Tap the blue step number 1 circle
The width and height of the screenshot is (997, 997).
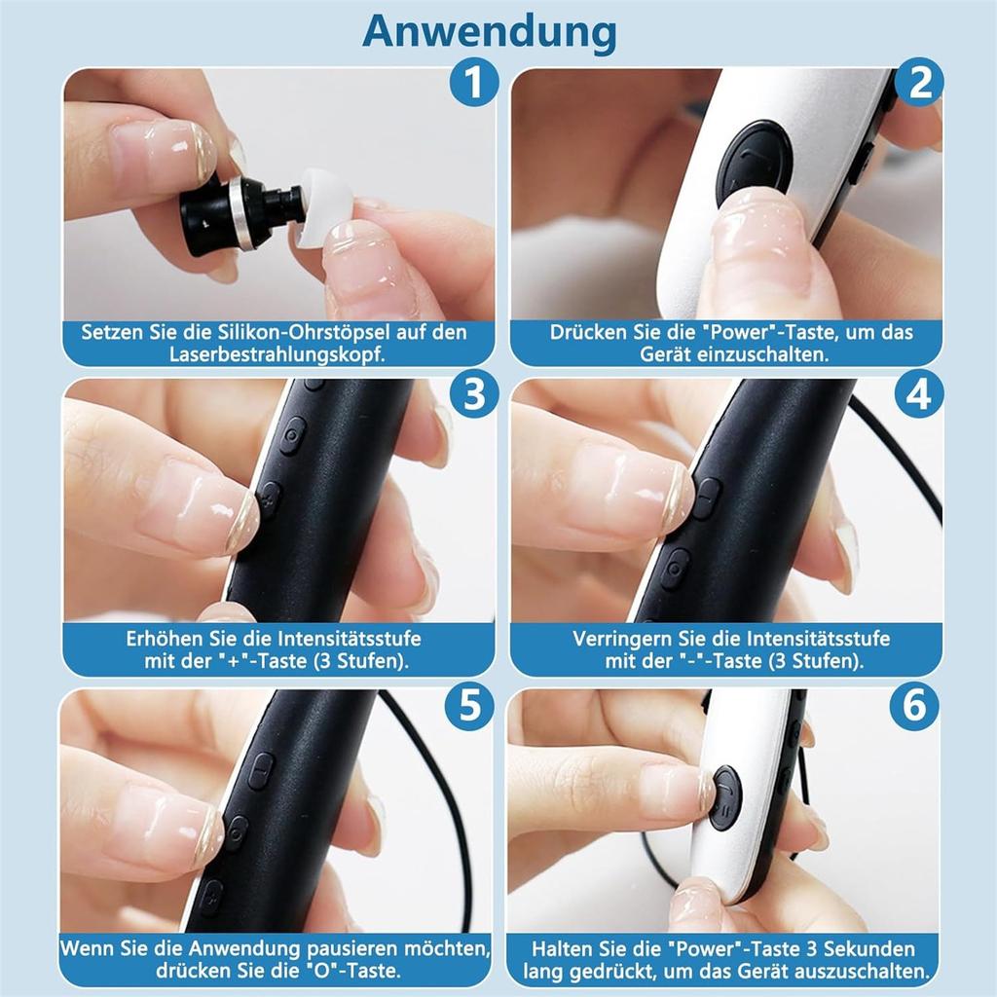(x=473, y=85)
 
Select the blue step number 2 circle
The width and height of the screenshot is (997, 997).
(x=919, y=85)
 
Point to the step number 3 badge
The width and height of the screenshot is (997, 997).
(x=473, y=395)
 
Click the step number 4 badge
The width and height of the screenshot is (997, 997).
(x=919, y=395)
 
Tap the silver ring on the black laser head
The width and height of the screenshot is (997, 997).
(x=237, y=214)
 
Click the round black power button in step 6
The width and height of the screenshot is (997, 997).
(x=725, y=796)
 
